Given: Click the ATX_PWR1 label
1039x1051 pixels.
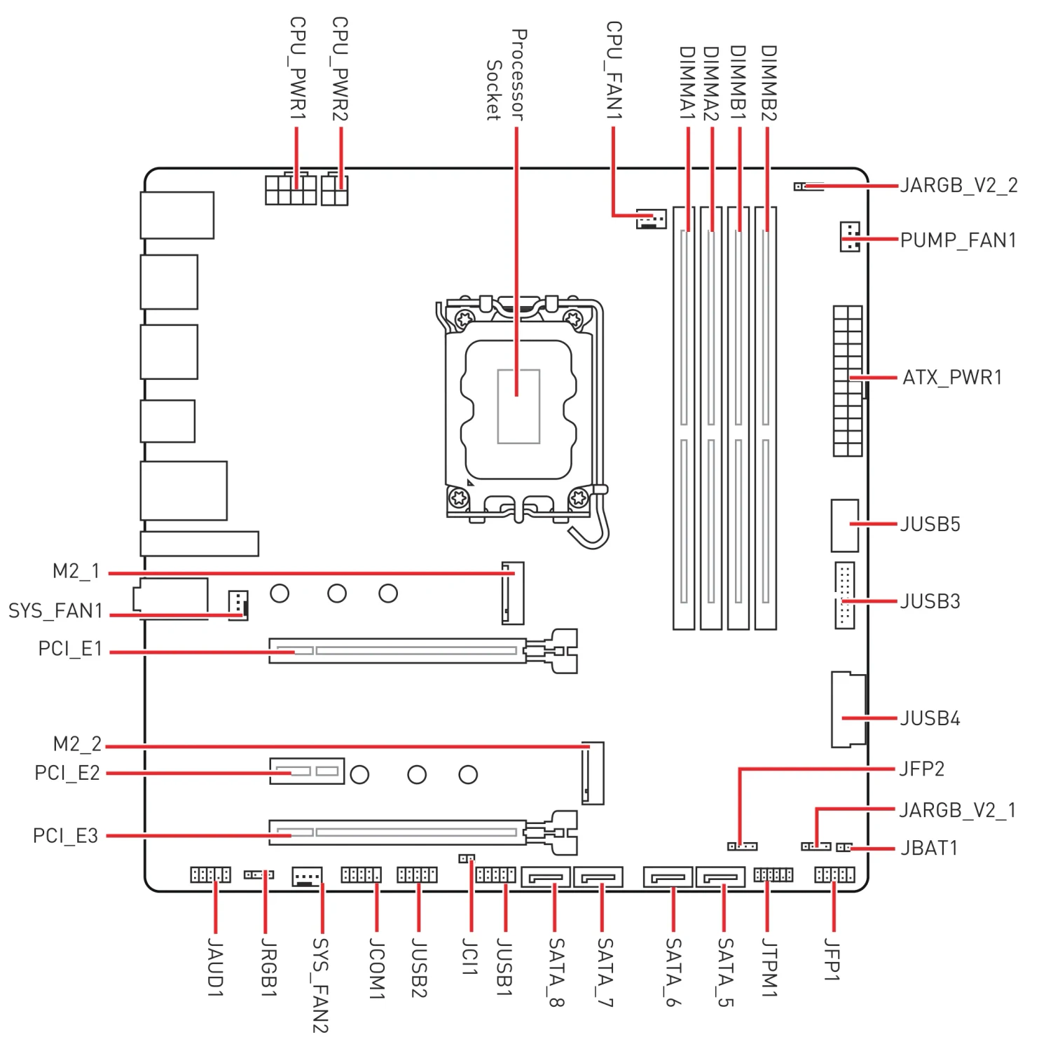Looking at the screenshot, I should (951, 378).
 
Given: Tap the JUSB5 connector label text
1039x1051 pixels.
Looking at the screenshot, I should (930, 524).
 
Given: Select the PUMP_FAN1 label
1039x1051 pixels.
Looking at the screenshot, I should (958, 240).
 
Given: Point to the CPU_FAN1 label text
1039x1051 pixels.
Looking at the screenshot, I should (614, 70).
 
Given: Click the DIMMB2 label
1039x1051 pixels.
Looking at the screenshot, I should (769, 83).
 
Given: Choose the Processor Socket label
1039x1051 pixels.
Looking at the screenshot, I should (506, 76).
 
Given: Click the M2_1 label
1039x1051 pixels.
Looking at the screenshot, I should (76, 572).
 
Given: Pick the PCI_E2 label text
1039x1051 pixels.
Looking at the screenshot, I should (67, 774).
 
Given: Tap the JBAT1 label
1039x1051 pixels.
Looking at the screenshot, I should (928, 849).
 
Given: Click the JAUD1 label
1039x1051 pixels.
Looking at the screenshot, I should (215, 970).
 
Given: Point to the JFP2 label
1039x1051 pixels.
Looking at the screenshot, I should (921, 769).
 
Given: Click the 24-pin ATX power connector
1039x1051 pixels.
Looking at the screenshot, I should (848, 381).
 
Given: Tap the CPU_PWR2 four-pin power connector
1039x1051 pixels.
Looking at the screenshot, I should (335, 190).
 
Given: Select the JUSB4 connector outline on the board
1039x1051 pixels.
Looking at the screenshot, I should (848, 710).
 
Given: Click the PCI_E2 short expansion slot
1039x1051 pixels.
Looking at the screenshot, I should (307, 771).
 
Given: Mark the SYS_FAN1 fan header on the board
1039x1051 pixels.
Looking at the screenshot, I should (238, 605).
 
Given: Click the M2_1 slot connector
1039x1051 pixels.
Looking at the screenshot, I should (513, 593).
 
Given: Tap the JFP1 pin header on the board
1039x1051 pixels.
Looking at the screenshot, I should (834, 874).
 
